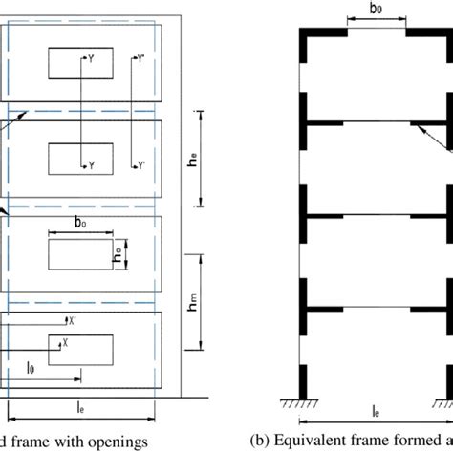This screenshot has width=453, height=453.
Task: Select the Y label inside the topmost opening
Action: [92, 58]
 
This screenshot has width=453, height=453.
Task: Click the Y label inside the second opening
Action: [92, 165]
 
